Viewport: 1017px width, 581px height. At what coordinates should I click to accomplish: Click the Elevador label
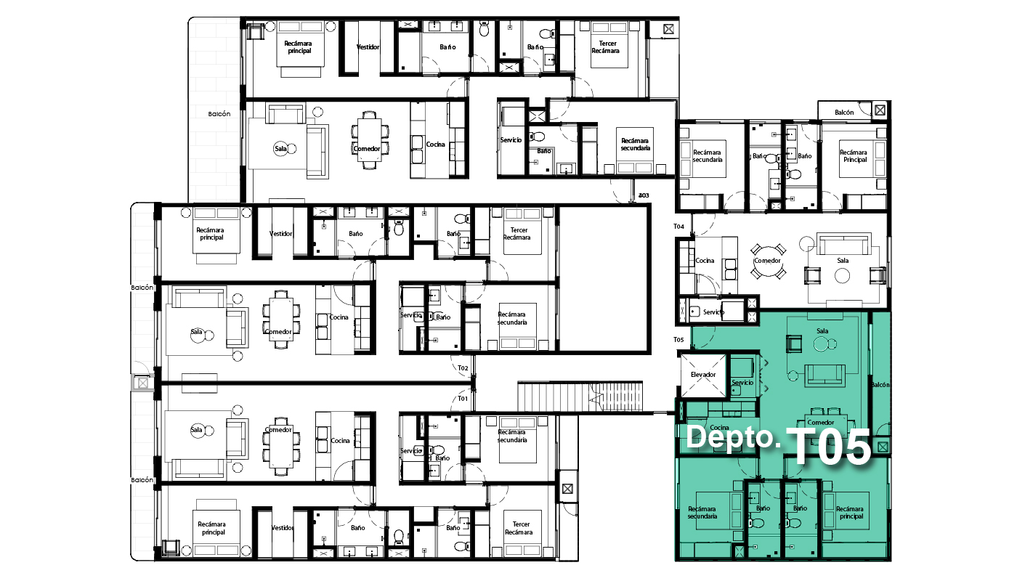703,375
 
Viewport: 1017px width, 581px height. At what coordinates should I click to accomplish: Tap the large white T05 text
829,446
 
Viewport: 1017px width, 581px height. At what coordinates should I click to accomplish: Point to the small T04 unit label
678,226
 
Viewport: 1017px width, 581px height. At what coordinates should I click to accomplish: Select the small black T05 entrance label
678,340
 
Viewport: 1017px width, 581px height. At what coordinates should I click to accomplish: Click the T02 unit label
463,368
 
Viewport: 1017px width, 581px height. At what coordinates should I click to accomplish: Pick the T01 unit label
462,399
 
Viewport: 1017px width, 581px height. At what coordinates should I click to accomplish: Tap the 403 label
644,195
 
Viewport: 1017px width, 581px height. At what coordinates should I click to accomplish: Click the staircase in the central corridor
580,397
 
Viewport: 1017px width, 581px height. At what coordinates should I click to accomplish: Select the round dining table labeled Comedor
768,261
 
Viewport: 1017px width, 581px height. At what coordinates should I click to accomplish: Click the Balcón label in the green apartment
880,385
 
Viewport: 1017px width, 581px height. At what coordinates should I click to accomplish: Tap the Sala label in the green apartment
822,331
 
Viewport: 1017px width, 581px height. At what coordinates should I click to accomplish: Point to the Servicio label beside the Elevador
742,382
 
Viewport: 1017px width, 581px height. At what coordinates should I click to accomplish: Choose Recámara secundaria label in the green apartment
702,513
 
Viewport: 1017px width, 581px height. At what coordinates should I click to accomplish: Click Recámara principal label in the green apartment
850,513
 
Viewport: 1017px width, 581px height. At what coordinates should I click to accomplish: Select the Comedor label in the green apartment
820,422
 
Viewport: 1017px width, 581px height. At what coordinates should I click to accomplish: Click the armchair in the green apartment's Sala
793,343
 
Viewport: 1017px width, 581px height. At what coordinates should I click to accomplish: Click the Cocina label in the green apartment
719,428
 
